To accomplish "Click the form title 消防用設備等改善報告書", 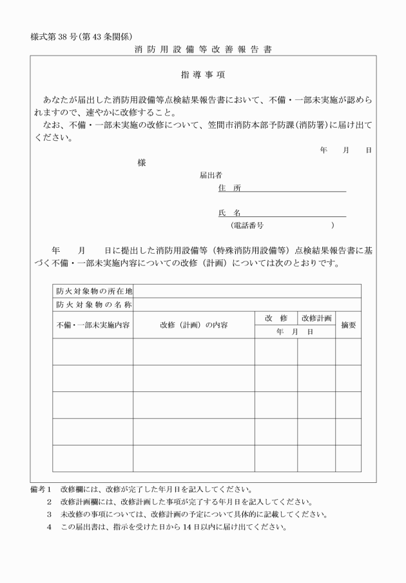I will [203, 49].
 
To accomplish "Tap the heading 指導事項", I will [203, 76].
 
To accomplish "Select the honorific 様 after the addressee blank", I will [142, 163].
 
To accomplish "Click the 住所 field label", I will [229, 187].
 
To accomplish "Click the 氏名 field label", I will [229, 212].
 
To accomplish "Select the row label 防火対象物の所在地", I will [93, 291].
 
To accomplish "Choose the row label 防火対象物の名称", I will [93, 304].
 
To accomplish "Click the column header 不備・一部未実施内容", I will [93, 325].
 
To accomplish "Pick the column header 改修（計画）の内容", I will [193, 325].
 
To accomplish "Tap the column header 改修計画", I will [316, 318].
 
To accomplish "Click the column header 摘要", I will [348, 325].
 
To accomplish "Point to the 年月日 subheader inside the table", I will [295, 332].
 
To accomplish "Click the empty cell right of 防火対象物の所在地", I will [247, 291].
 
